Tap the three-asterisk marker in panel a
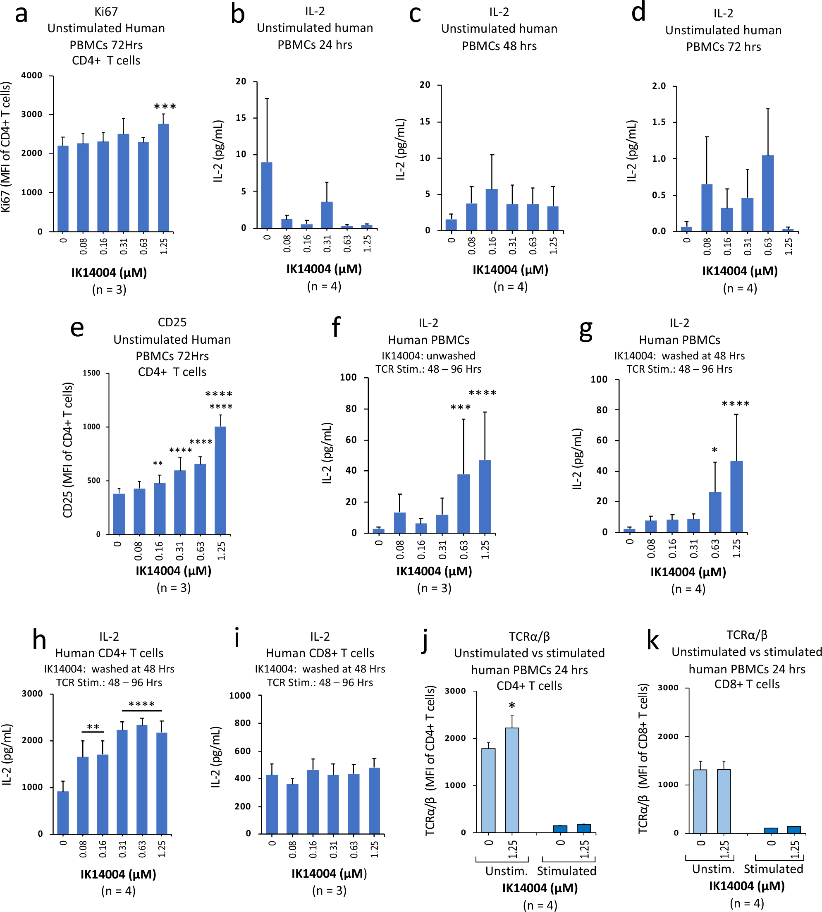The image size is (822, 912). (165, 107)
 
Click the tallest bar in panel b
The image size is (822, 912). (267, 195)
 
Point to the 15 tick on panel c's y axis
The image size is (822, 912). (425, 122)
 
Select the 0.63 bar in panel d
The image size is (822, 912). (768, 193)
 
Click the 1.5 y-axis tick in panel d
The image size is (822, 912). (659, 122)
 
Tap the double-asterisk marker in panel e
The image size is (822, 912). (158, 464)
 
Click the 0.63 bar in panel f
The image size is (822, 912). (464, 503)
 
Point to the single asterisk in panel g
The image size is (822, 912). (714, 450)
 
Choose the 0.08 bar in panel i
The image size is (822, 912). (293, 809)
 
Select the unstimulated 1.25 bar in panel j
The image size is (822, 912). (512, 780)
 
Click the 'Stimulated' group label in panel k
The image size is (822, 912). (773, 869)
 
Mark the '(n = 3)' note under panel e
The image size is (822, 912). (173, 588)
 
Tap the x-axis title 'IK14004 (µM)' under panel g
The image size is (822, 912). (688, 572)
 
